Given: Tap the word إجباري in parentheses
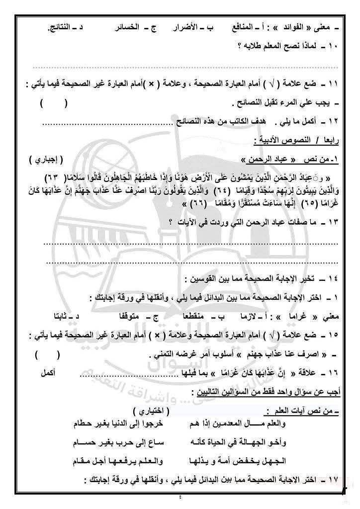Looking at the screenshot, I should coord(44,159).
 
